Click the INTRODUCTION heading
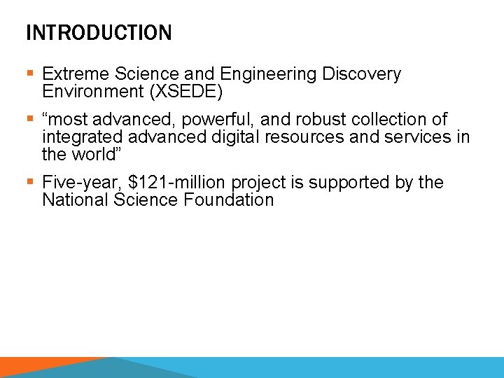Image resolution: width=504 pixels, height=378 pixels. tap(98, 33)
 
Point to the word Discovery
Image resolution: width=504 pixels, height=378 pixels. tap(361, 74)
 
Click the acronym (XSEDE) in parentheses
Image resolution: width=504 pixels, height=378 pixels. tap(185, 91)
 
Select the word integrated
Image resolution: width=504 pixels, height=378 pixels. tap(77, 136)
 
